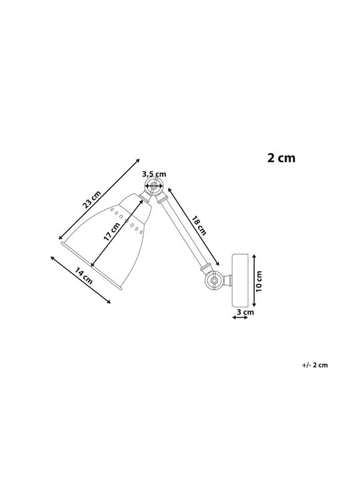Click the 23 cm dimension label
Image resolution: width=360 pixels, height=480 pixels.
pyautogui.click(x=91, y=199)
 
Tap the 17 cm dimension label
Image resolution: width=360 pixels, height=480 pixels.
pyautogui.click(x=112, y=232)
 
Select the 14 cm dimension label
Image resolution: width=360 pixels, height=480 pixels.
pyautogui.click(x=83, y=275)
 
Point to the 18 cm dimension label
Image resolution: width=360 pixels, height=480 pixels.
pyautogui.click(x=199, y=225)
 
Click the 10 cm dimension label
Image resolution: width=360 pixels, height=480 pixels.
pyautogui.click(x=259, y=281)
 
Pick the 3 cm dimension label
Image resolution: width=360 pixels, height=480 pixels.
pyautogui.click(x=245, y=312)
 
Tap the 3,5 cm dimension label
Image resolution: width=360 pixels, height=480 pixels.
pyautogui.click(x=154, y=174)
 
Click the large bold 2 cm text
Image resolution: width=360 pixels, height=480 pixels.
pyautogui.click(x=281, y=158)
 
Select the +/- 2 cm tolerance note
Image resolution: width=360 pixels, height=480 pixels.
pyautogui.click(x=315, y=365)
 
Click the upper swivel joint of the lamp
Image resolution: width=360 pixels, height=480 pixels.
pyautogui.click(x=154, y=186)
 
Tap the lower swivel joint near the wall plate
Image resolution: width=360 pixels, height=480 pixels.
pyautogui.click(x=214, y=280)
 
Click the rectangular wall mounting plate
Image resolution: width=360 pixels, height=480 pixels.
pyautogui.click(x=240, y=280)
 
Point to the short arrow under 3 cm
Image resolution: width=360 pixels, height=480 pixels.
pyautogui.click(x=240, y=318)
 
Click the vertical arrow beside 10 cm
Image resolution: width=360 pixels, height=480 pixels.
pyautogui.click(x=253, y=280)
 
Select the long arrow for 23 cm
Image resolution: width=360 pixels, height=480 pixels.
pyautogui.click(x=99, y=199)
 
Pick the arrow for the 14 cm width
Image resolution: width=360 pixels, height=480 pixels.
pyautogui.click(x=81, y=280)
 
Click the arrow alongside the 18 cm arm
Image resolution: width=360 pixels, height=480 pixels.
pyautogui.click(x=193, y=227)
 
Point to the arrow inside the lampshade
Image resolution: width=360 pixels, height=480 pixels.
pyautogui.click(x=117, y=233)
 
